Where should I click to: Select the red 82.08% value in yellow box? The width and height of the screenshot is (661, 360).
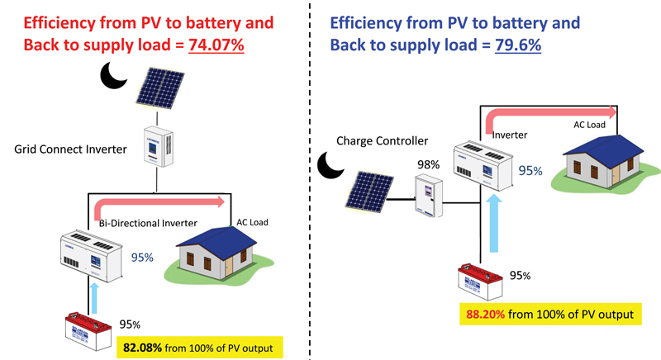(142, 348)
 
